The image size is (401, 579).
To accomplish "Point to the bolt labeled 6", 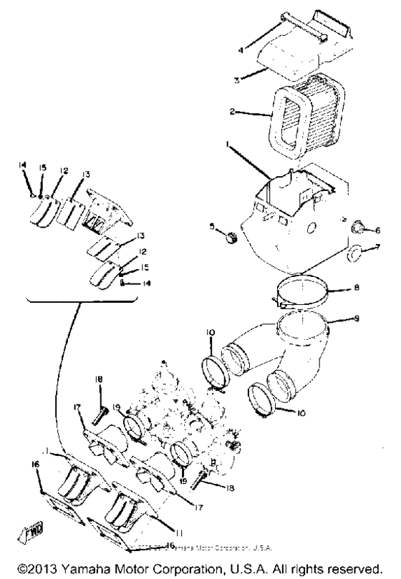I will click(x=356, y=228).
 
